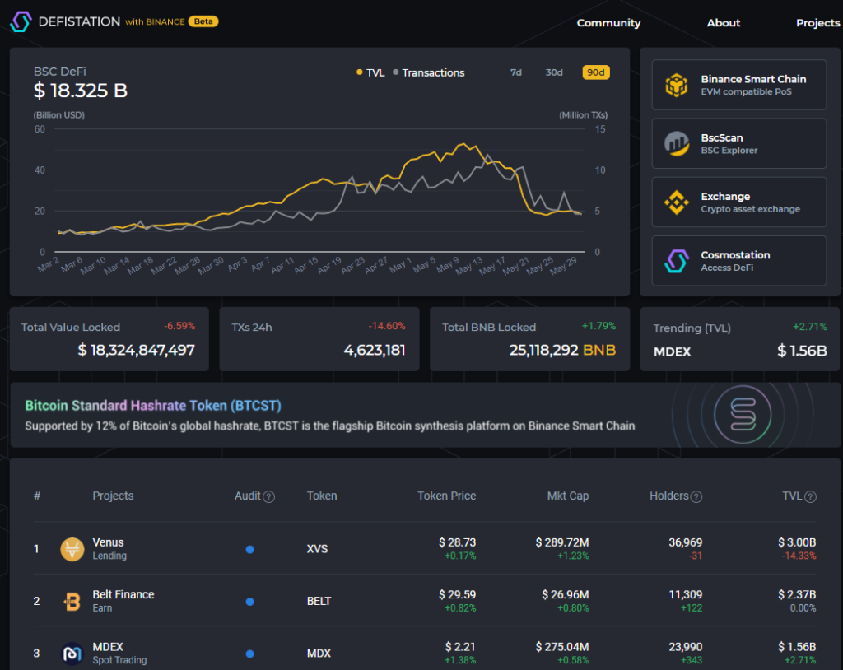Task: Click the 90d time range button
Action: click(595, 72)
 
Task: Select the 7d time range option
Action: click(516, 72)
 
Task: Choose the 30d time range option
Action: click(554, 72)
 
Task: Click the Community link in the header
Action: click(608, 23)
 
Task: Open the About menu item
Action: click(724, 23)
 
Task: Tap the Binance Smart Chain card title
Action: click(753, 79)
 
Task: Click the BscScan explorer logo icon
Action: click(677, 143)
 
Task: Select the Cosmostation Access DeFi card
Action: click(738, 261)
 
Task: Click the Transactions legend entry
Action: click(429, 72)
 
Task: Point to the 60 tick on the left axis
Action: click(40, 129)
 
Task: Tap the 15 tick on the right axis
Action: click(601, 129)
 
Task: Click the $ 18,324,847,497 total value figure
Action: click(137, 350)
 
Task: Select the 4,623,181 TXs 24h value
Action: click(375, 350)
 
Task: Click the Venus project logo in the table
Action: click(72, 549)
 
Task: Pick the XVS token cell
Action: click(318, 549)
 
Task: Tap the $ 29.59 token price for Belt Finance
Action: click(457, 594)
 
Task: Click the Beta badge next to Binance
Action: click(203, 21)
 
